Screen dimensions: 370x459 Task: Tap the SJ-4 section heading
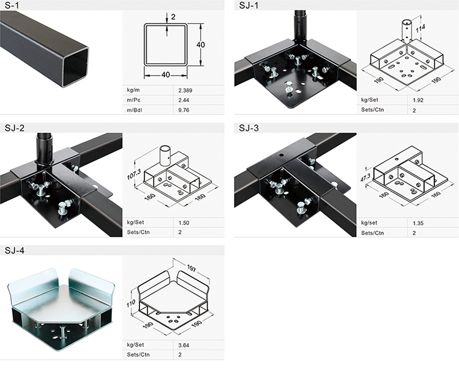click(14, 250)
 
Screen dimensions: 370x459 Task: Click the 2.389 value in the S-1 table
click(185, 91)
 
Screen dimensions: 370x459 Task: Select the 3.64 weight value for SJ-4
click(184, 345)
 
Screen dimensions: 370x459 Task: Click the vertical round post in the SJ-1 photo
click(299, 26)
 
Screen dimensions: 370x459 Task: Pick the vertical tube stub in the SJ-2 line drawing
click(165, 154)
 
